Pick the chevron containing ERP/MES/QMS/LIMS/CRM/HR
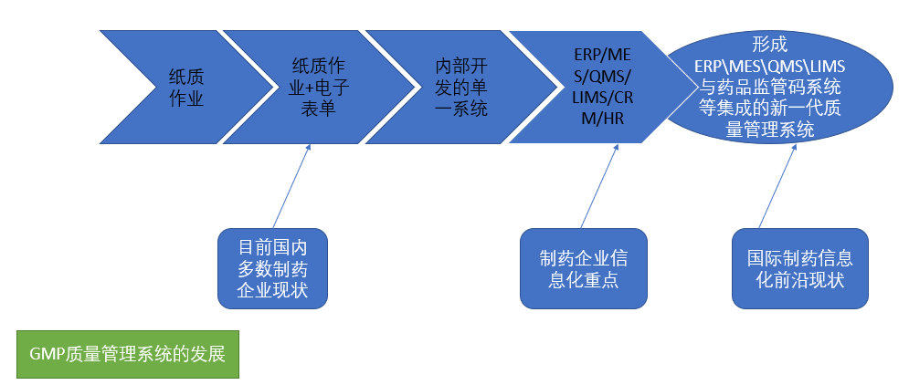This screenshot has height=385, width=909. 598,88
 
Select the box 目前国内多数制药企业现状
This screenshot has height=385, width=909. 272,268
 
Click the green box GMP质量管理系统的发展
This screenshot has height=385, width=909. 127,354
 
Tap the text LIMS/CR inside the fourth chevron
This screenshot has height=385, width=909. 600,98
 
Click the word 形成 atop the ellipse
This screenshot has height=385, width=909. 769,43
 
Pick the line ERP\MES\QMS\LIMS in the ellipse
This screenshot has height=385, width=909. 769,65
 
